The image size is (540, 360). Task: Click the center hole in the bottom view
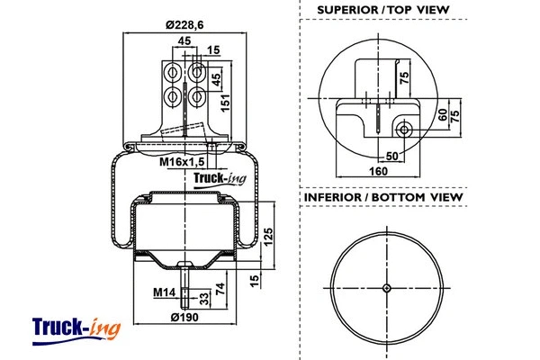click(386, 288)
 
